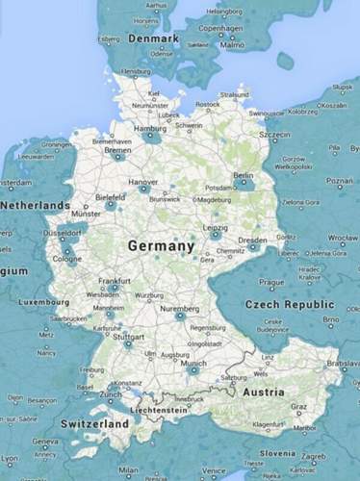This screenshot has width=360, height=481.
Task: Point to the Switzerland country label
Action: [x=94, y=423]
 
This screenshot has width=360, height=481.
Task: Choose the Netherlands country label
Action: [x=34, y=206]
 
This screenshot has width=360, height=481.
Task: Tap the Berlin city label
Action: [x=244, y=175]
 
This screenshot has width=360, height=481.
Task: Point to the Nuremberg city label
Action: [x=180, y=309]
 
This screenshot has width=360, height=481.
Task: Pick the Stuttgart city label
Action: [x=128, y=338]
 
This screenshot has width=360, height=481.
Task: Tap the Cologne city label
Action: [x=67, y=259]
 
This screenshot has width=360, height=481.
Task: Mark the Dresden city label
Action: [x=252, y=240]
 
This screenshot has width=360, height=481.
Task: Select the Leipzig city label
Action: [x=216, y=227]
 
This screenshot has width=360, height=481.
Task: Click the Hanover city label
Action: [x=143, y=181]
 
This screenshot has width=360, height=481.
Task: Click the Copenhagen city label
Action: [x=218, y=29]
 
